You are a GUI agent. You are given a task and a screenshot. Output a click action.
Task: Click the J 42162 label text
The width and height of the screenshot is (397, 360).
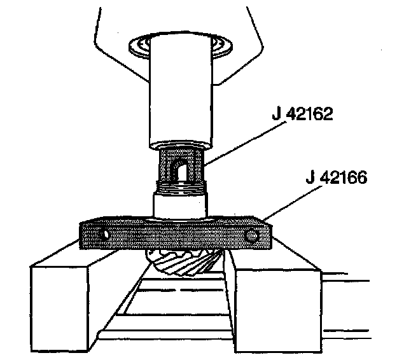click(302, 114)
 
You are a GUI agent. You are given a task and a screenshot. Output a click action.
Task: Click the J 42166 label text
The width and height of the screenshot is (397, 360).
click(336, 177)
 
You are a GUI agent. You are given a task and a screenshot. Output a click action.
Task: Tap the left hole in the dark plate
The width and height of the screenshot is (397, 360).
click(104, 235)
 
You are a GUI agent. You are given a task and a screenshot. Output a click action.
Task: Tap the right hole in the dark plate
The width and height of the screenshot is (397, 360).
click(253, 235)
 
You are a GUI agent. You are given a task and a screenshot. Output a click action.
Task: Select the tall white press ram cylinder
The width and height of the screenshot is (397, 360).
click(180, 90)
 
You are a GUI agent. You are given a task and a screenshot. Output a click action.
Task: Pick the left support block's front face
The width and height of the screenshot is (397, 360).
click(60, 308)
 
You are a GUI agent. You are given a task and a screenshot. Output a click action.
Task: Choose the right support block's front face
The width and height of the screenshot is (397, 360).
click(279, 310)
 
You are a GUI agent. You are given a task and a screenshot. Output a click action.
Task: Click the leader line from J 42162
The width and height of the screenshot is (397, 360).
click(245, 143)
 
